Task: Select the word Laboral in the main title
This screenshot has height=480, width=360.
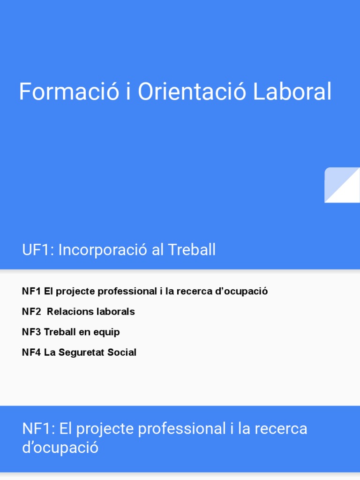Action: pos(292,92)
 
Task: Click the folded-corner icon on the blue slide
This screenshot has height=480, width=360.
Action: pos(342,185)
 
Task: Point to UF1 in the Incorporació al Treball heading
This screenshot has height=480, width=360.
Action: pos(37,250)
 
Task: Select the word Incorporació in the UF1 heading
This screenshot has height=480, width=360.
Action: pos(96,250)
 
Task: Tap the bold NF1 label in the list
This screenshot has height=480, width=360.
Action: pos(31,291)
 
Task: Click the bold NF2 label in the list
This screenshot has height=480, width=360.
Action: pos(31,312)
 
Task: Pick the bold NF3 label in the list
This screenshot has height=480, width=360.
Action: pos(31,332)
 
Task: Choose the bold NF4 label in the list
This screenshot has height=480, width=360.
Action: pos(31,352)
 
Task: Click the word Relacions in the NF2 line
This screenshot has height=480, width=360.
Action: pos(66,312)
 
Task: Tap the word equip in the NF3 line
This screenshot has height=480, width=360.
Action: pos(107,332)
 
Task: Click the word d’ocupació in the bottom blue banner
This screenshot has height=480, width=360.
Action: pos(60,448)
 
